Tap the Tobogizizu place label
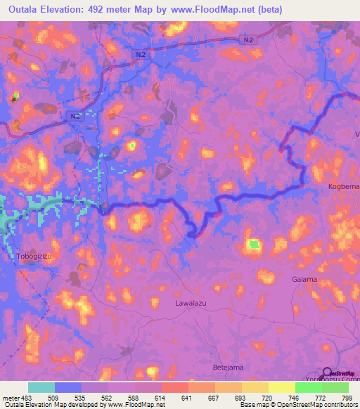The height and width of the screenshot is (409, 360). click(x=34, y=257)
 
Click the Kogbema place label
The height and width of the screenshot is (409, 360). click(x=344, y=186)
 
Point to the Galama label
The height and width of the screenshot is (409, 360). click(x=304, y=279)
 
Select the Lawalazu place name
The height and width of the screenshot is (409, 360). click(x=192, y=304)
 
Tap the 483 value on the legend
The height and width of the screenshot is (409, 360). click(x=26, y=397)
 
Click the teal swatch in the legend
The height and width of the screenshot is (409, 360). click(x=41, y=387)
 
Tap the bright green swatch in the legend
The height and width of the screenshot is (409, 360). click(x=309, y=387)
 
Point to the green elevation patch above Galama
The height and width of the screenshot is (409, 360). click(x=253, y=245)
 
